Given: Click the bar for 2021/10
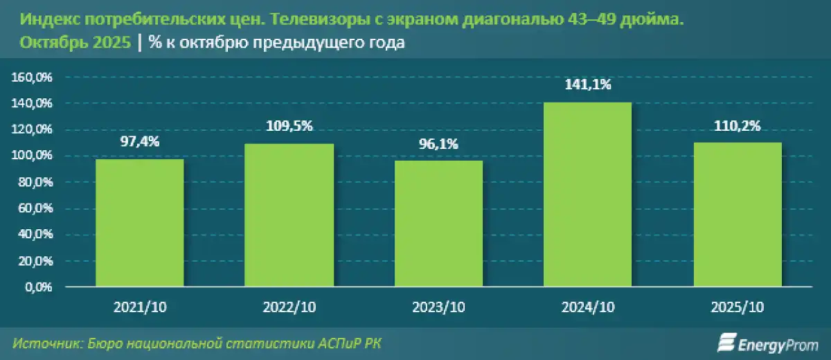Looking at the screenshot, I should coord(139,222).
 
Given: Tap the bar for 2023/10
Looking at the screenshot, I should coord(438,223).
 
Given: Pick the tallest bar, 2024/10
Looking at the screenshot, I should coord(588,194).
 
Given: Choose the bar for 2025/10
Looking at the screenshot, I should coord(738,214).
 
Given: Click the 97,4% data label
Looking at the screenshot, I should coord(139,142).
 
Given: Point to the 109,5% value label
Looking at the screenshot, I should coord(289,126).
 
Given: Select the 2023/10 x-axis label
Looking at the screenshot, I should coord(438,307).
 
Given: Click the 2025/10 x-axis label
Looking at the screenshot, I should coord(738,307).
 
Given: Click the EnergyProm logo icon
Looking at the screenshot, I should coord(725,341).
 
